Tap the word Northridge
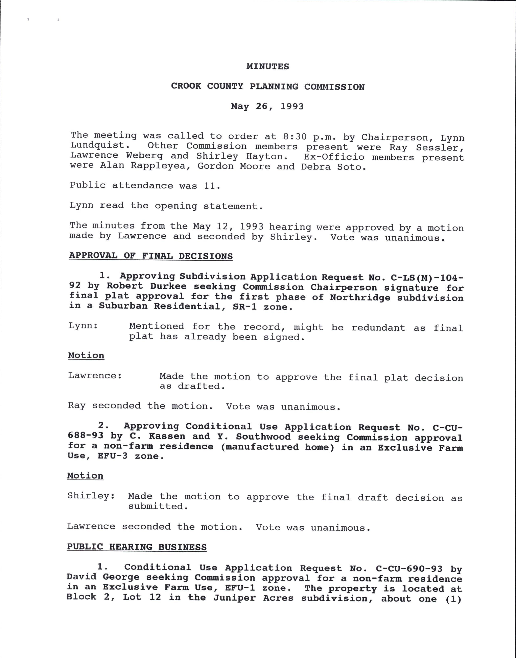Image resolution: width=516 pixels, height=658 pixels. pos(360,298)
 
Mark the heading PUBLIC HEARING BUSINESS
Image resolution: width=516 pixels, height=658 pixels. pos(137,547)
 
